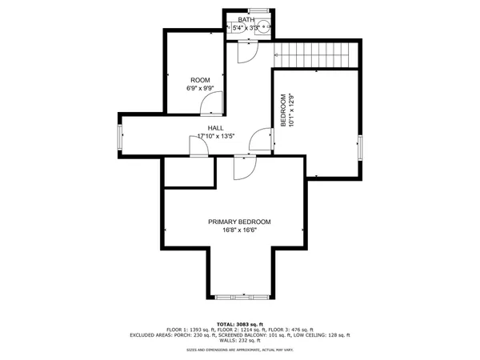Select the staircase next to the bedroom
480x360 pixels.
[314, 56]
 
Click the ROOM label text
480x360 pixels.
[200, 79]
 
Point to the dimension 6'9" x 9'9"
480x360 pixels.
[200, 88]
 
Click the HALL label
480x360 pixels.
[215, 128]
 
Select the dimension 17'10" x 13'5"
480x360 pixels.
[215, 136]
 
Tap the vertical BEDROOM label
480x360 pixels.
[282, 107]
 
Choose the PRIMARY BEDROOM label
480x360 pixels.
[239, 222]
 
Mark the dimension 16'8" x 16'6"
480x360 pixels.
[239, 230]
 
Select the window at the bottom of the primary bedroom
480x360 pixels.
[239, 297]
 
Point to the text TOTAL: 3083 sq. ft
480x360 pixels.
[239, 322]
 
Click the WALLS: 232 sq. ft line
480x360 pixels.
[239, 342]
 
